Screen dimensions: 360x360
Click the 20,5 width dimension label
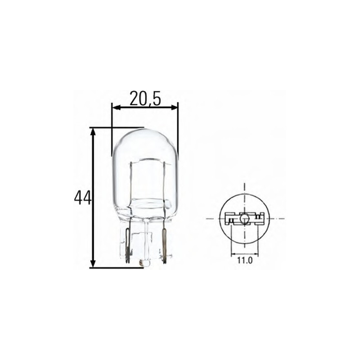[x=145, y=99]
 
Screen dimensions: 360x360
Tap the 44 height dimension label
[x=82, y=198]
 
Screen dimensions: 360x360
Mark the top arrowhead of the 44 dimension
[x=93, y=131]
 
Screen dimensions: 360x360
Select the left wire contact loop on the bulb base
[x=128, y=245]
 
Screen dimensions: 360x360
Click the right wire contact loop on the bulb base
[x=164, y=245]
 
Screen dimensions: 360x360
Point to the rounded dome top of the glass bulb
[x=145, y=133]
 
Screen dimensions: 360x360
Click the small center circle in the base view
[x=244, y=219]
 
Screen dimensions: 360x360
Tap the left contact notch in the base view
[x=230, y=220]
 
